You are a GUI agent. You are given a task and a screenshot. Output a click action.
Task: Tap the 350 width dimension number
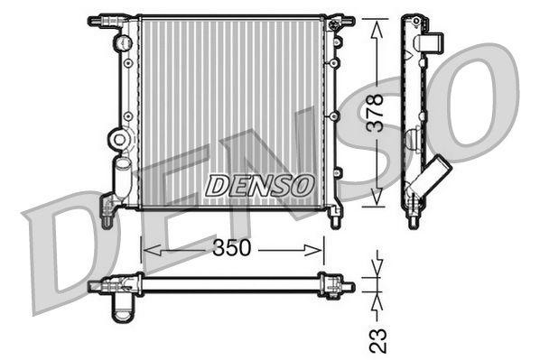[x=232, y=249]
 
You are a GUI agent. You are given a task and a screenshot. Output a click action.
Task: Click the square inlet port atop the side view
[x=433, y=42]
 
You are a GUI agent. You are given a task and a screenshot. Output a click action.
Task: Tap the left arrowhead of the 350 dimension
[x=148, y=249]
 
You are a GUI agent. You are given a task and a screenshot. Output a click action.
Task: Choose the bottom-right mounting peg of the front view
[x=336, y=217]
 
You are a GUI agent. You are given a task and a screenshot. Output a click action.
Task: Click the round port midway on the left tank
[x=117, y=141]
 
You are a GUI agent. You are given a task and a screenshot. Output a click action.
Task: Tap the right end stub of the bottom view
[x=347, y=286]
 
